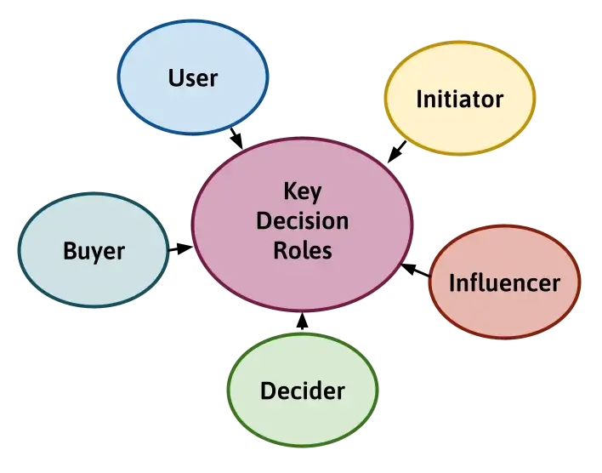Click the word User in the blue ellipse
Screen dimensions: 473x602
click(x=193, y=78)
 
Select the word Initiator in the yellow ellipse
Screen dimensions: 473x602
click(x=459, y=100)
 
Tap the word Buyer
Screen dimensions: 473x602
click(x=94, y=252)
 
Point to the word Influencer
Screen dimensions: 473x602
click(x=504, y=282)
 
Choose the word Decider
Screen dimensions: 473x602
click(x=303, y=391)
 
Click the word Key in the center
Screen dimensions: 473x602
click(x=302, y=191)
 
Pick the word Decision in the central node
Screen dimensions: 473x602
click(x=302, y=221)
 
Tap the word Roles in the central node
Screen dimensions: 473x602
click(x=302, y=251)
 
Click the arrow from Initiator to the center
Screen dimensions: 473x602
click(x=397, y=151)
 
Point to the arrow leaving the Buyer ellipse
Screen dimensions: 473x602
click(x=180, y=248)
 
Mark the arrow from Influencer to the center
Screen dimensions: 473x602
click(x=416, y=271)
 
